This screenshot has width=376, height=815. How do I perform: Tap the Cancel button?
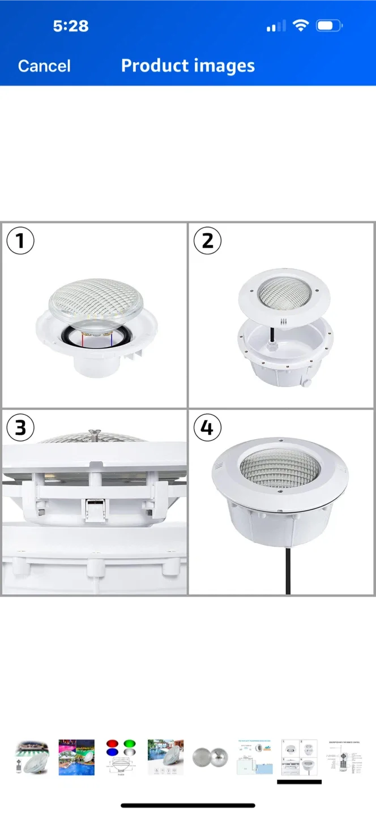[x=44, y=66]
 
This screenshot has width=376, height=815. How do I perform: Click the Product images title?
[x=187, y=66]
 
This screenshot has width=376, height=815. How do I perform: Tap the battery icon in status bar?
[x=328, y=26]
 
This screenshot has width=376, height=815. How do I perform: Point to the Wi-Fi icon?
[x=301, y=25]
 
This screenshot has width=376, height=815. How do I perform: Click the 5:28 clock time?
[x=71, y=26]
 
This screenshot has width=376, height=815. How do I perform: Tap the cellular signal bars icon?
[x=276, y=26]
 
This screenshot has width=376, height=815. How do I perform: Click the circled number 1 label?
[x=20, y=241]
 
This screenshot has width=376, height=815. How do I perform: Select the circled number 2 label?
[x=207, y=241]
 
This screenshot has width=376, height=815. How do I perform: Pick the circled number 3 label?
[x=20, y=427]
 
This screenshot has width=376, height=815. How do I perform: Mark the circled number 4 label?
[x=207, y=427]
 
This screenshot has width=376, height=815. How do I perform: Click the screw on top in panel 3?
[x=95, y=434]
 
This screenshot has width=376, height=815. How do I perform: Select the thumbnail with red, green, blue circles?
[x=121, y=757]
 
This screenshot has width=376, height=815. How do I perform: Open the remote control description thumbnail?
[x=344, y=757]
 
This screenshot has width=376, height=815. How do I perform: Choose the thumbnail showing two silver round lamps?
[x=210, y=757]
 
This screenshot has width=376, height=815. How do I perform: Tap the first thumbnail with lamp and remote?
[x=32, y=757]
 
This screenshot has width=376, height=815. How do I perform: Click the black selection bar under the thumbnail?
[x=299, y=782]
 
